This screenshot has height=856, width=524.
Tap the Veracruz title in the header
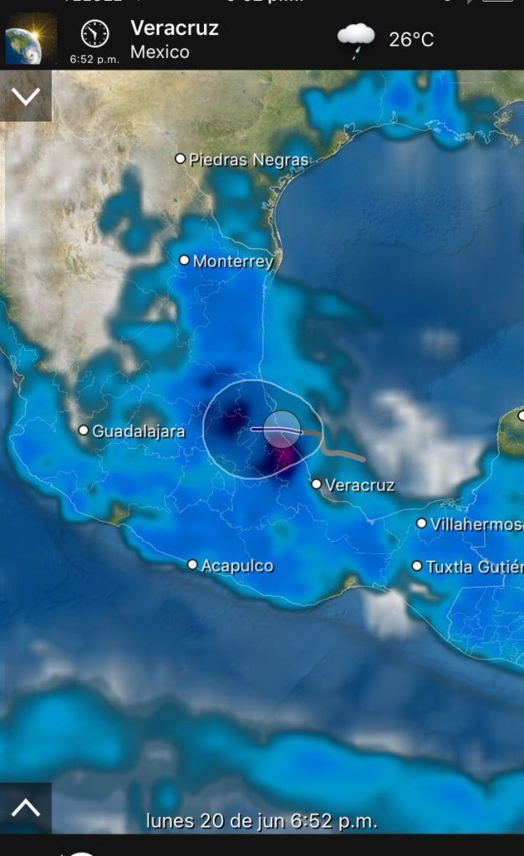(175, 28)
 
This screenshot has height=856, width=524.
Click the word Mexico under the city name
(160, 52)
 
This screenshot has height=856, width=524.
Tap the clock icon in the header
(94, 33)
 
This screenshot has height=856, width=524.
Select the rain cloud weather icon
(356, 38)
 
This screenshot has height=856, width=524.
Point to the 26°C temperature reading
(411, 39)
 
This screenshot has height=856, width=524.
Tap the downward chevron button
(26, 95)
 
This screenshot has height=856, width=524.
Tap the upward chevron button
(26, 808)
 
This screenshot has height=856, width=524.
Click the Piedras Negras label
(248, 160)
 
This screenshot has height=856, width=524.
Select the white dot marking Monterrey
(185, 260)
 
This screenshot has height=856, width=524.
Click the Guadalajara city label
(138, 431)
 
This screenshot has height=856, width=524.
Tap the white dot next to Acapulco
(193, 565)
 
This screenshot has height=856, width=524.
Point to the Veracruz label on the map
(359, 485)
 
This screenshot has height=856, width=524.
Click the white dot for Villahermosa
(422, 523)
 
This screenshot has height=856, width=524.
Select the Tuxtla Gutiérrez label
(474, 567)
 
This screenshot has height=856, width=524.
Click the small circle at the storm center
(282, 429)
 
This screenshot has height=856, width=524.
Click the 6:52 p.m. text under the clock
(94, 59)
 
